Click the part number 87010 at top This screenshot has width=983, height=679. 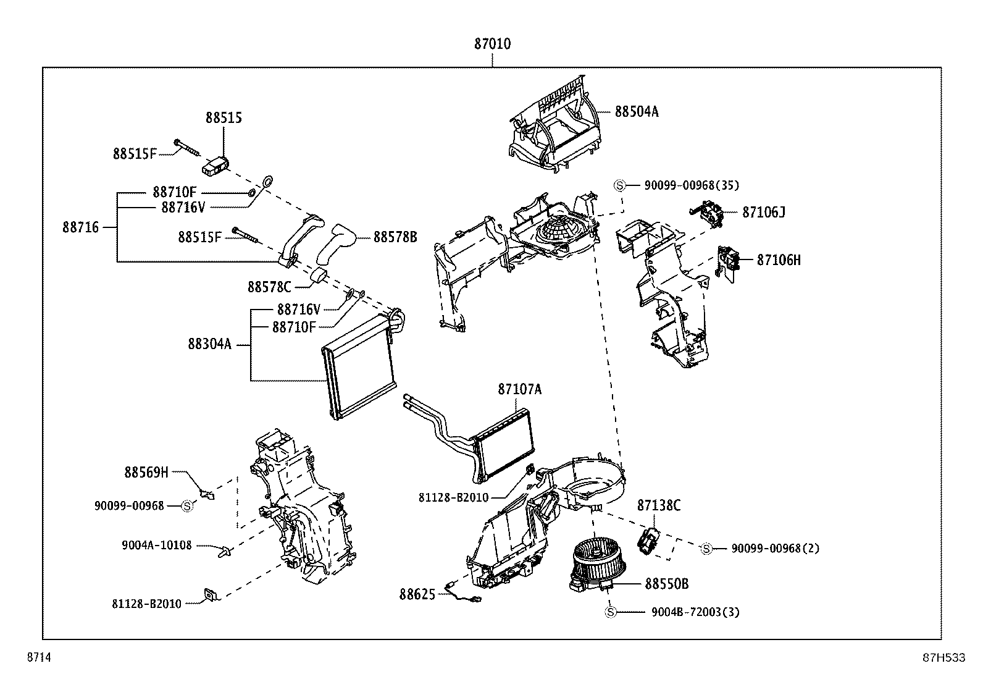coord(492,44)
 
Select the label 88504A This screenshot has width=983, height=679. coord(636,112)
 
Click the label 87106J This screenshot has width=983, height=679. coord(763,212)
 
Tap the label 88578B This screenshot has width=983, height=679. coord(395,237)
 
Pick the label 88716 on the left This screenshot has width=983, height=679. coord(80,227)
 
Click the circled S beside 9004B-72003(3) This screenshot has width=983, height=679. coord(610,612)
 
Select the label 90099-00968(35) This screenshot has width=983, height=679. coord(691,185)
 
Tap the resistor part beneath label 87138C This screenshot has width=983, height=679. coord(648,541)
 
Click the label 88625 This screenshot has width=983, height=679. coord(417,594)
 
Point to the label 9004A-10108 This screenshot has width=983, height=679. coord(157,546)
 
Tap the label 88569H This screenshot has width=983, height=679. coord(146,473)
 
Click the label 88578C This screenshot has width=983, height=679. coord(269,287)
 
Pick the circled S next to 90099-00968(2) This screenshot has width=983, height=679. coord(706,549)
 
